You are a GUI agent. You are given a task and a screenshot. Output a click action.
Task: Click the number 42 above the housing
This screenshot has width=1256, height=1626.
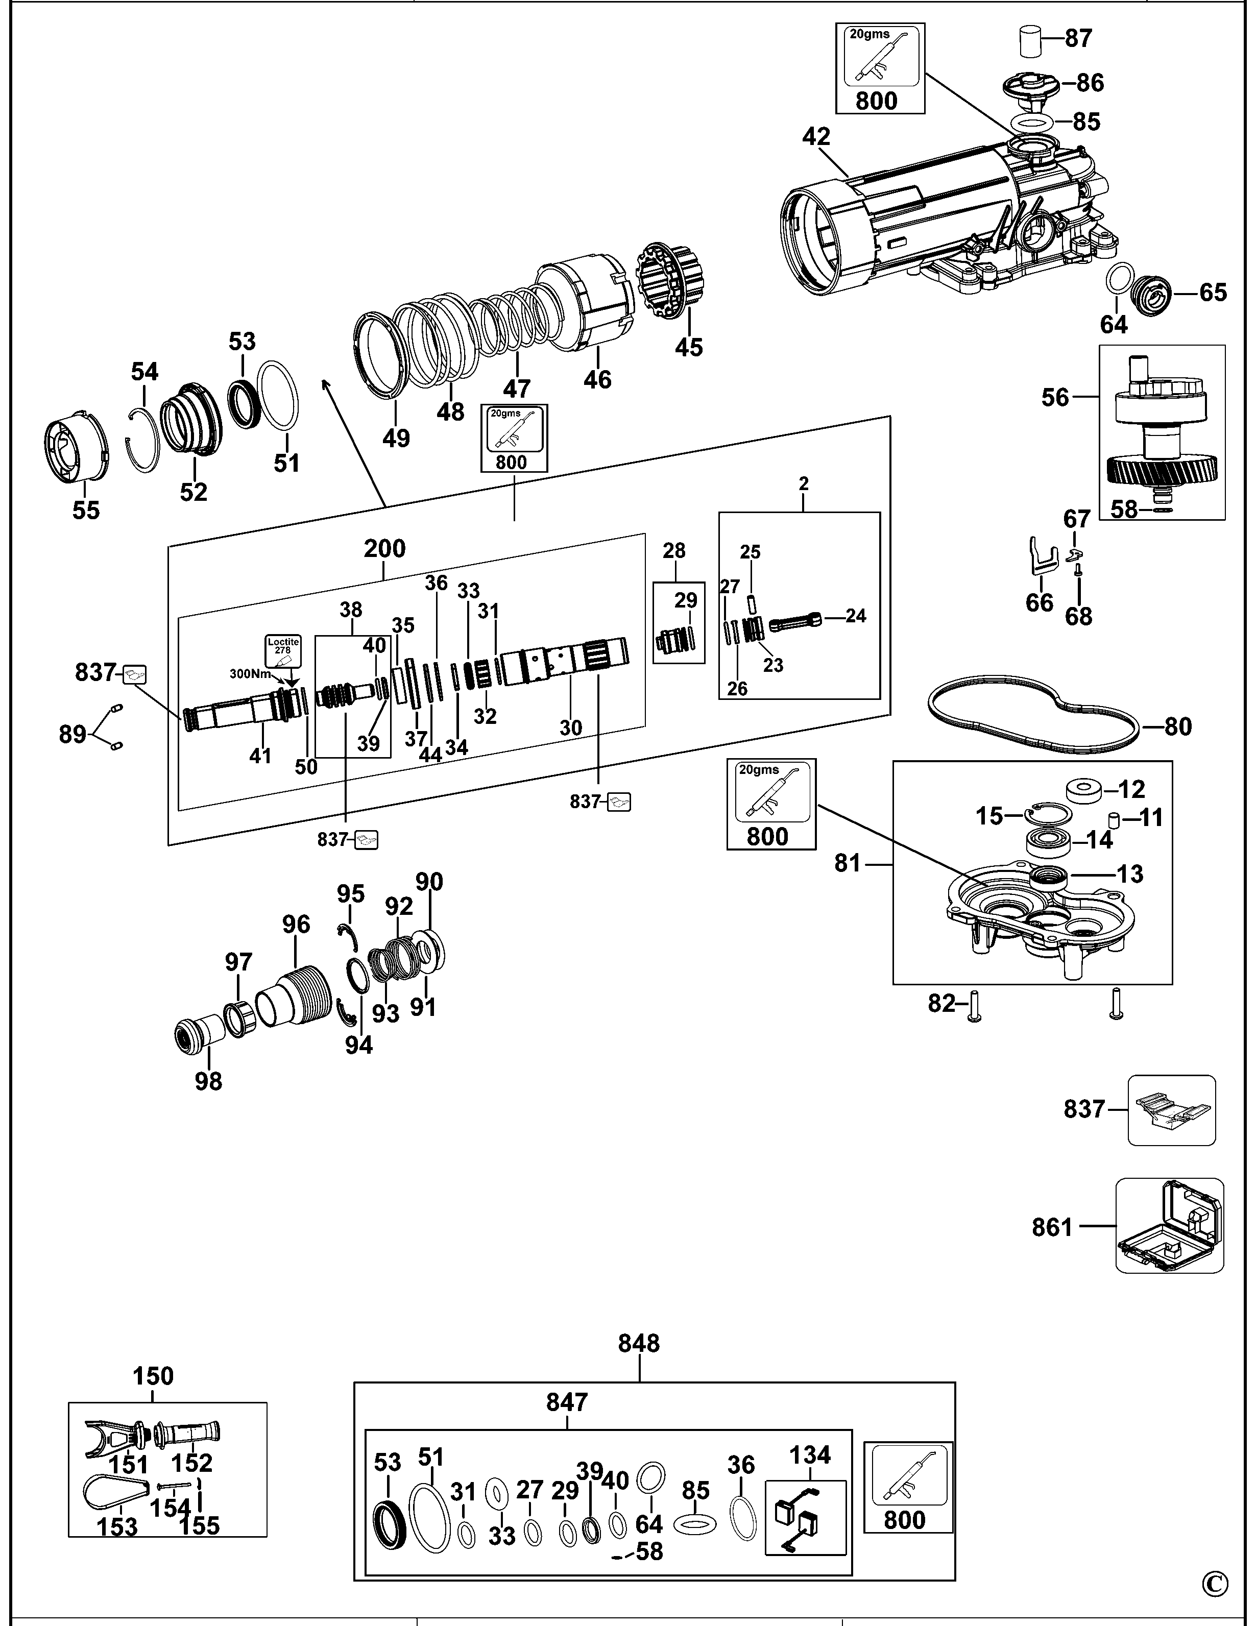click(x=817, y=137)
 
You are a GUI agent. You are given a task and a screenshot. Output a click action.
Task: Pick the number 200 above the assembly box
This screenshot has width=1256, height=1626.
click(x=384, y=549)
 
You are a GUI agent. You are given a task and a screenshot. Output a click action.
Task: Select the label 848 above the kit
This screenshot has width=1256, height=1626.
click(x=639, y=1343)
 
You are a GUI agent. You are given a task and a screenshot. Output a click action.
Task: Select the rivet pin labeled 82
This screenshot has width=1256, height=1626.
click(x=975, y=1005)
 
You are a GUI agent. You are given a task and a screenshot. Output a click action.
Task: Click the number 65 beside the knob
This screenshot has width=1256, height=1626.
click(x=1212, y=293)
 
